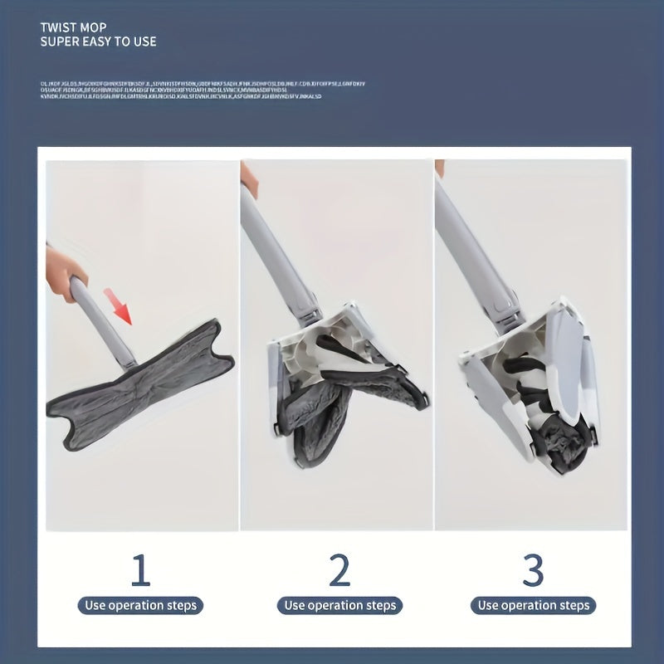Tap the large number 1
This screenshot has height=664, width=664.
(x=140, y=570)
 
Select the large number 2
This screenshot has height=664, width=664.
(x=339, y=570)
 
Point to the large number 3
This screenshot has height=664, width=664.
(x=533, y=570)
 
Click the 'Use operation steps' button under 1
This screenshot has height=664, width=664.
(x=141, y=605)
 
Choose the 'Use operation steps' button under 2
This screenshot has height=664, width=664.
(x=339, y=605)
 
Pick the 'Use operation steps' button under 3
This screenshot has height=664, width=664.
(x=534, y=605)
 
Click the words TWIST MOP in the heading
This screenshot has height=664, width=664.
(x=73, y=27)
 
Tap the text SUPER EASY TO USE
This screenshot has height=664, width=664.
(x=98, y=41)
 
